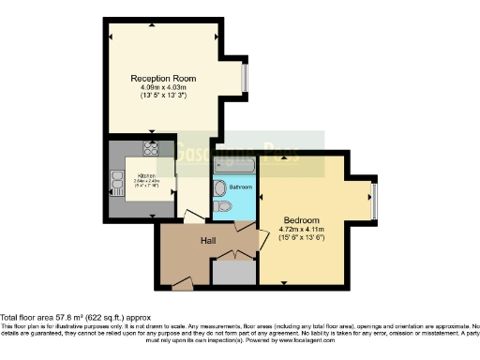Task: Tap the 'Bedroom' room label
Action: coord(302,219)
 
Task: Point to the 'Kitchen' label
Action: coord(147,175)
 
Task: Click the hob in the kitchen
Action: coord(149,148)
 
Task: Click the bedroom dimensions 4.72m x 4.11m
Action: coord(303,229)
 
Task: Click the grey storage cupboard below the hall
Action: coord(232,271)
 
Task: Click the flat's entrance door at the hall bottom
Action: coord(182,281)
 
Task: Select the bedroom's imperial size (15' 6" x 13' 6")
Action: coord(303,237)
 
